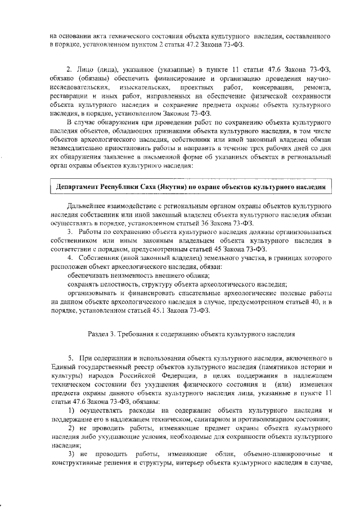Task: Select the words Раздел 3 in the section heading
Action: [x=103, y=334]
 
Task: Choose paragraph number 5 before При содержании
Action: [x=70, y=358]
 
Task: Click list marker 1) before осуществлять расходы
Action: [x=71, y=413]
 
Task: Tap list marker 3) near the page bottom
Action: [x=71, y=453]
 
